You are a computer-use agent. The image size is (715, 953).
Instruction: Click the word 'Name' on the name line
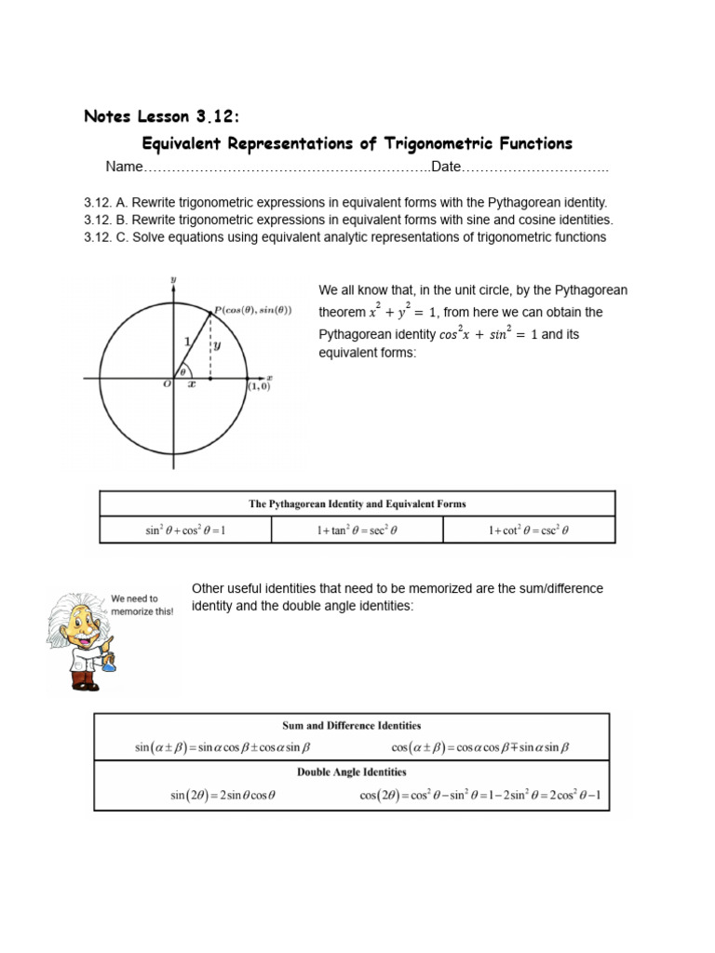[x=124, y=167]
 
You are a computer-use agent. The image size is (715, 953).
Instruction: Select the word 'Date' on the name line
[x=446, y=167]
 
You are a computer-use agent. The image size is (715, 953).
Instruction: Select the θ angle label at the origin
[x=183, y=369]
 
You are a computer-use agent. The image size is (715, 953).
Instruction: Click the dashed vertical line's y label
[x=217, y=344]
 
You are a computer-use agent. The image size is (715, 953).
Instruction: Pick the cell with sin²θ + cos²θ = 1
[x=185, y=530]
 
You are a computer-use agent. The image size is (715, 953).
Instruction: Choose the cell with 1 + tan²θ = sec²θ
[x=357, y=530]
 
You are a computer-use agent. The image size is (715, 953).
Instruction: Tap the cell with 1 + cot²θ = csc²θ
[x=529, y=530]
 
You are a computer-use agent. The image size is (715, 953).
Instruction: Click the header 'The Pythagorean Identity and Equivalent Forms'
[x=357, y=503]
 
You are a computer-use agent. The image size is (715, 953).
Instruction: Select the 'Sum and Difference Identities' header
[x=351, y=725]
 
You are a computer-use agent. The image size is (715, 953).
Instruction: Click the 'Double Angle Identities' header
[x=351, y=772]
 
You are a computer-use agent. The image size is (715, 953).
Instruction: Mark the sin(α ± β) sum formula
[x=222, y=747]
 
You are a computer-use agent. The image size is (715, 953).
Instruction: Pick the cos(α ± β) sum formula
[x=479, y=747]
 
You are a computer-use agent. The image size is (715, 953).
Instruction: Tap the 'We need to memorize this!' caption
[x=142, y=605]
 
